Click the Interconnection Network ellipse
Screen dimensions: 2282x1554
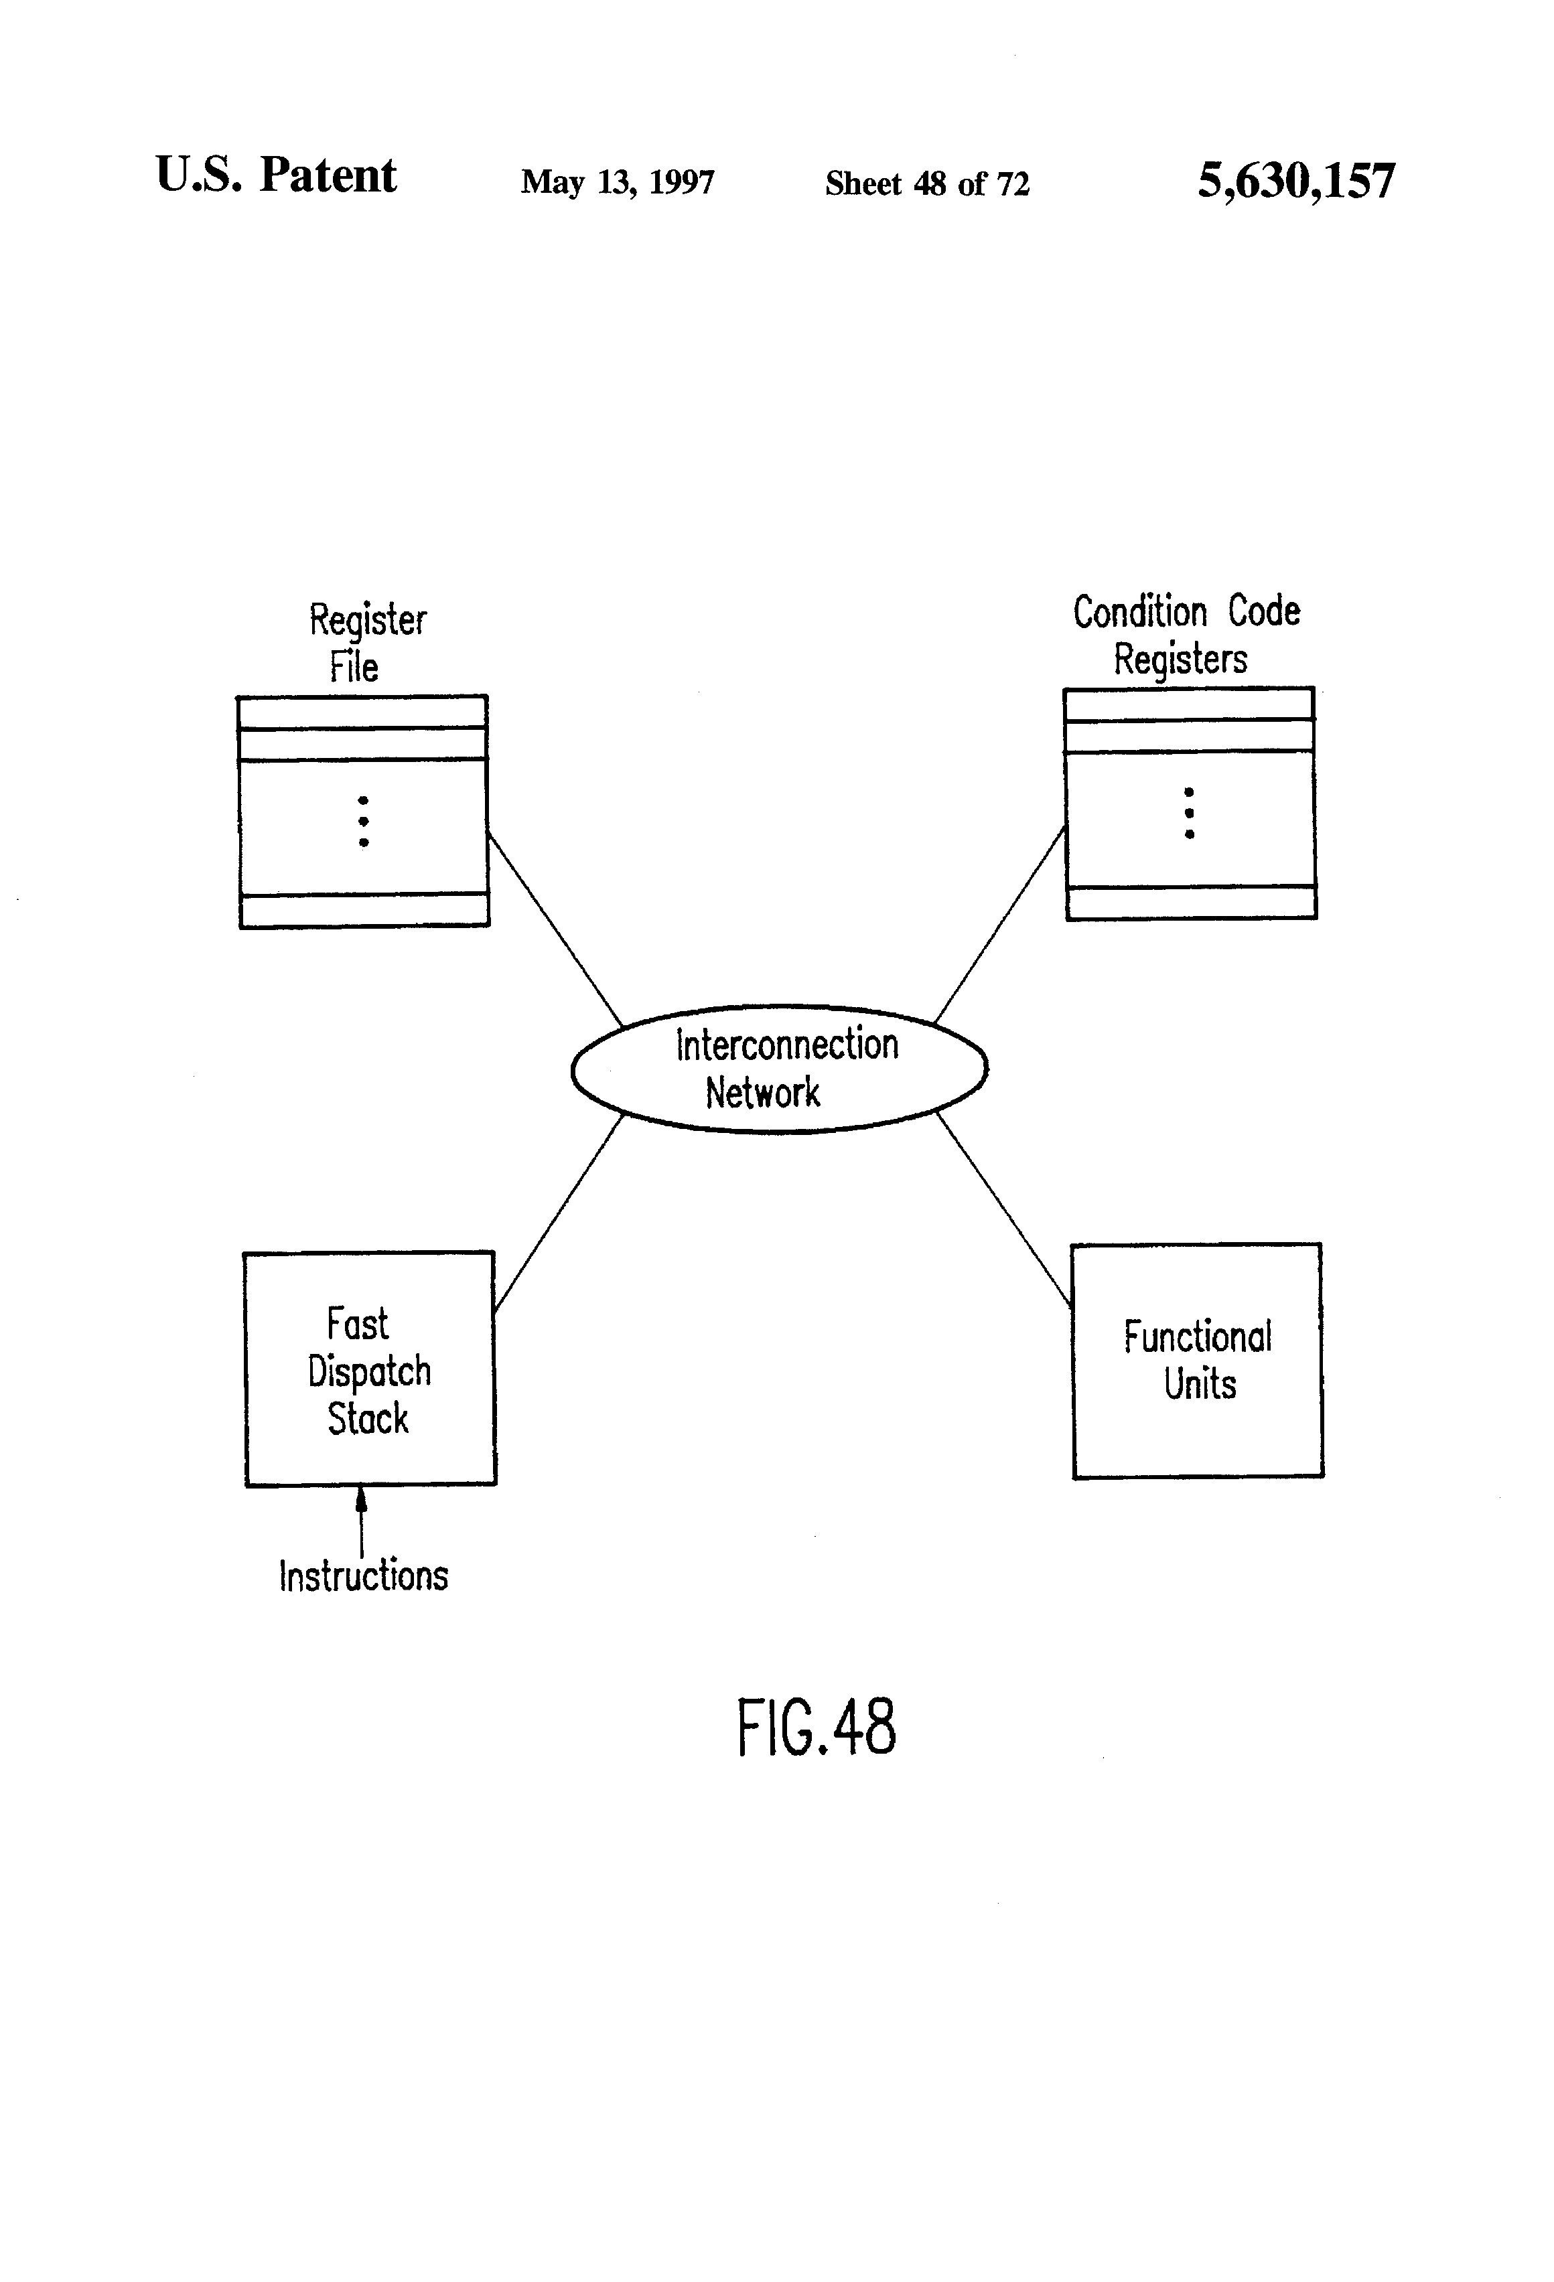point(779,1068)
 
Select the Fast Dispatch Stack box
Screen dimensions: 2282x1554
point(369,1369)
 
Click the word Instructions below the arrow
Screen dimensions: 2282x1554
point(364,1576)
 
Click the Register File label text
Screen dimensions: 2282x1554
point(366,642)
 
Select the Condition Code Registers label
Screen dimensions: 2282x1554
point(1186,634)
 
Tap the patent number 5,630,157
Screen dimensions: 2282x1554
point(1295,181)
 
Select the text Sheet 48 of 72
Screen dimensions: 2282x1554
point(926,183)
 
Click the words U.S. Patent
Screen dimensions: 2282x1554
point(276,175)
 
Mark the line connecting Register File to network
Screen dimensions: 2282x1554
point(555,929)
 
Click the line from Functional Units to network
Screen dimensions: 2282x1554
point(1003,1210)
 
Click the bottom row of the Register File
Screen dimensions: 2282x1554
point(364,910)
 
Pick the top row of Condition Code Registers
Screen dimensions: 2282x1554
point(1188,704)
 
